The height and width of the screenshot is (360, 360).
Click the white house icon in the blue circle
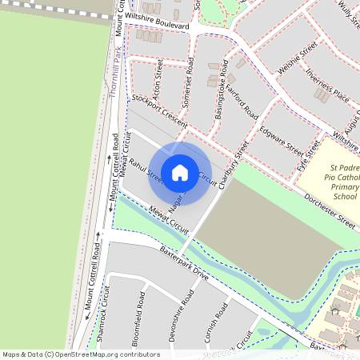click(x=180, y=171)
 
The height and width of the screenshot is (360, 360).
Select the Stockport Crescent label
click(x=159, y=110)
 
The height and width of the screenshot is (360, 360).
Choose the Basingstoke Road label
click(x=222, y=90)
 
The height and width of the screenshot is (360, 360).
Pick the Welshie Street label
click(x=293, y=61)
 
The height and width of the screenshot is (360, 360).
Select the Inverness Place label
click(x=327, y=86)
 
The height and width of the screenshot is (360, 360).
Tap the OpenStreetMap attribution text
click(x=81, y=354)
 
